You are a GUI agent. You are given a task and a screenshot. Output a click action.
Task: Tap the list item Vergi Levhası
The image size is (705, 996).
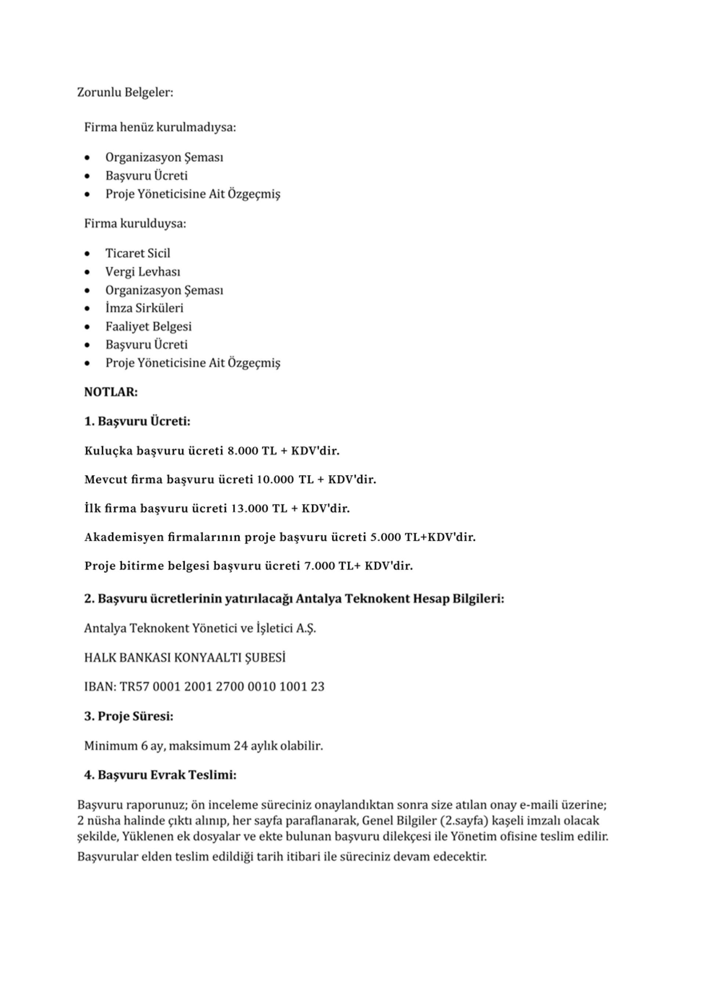point(142,271)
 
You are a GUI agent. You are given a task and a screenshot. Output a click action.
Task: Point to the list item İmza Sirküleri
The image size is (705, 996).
point(144,308)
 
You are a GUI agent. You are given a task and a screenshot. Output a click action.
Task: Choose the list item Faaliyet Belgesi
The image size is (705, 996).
point(148,326)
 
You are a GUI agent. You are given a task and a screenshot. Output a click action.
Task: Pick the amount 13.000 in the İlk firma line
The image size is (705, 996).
point(250,508)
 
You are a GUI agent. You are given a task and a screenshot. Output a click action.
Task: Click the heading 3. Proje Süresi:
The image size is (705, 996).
point(129,716)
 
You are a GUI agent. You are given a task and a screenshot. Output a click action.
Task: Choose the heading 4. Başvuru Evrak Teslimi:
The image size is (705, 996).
point(160,775)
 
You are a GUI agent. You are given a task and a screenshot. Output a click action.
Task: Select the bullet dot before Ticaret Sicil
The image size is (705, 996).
point(88,253)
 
